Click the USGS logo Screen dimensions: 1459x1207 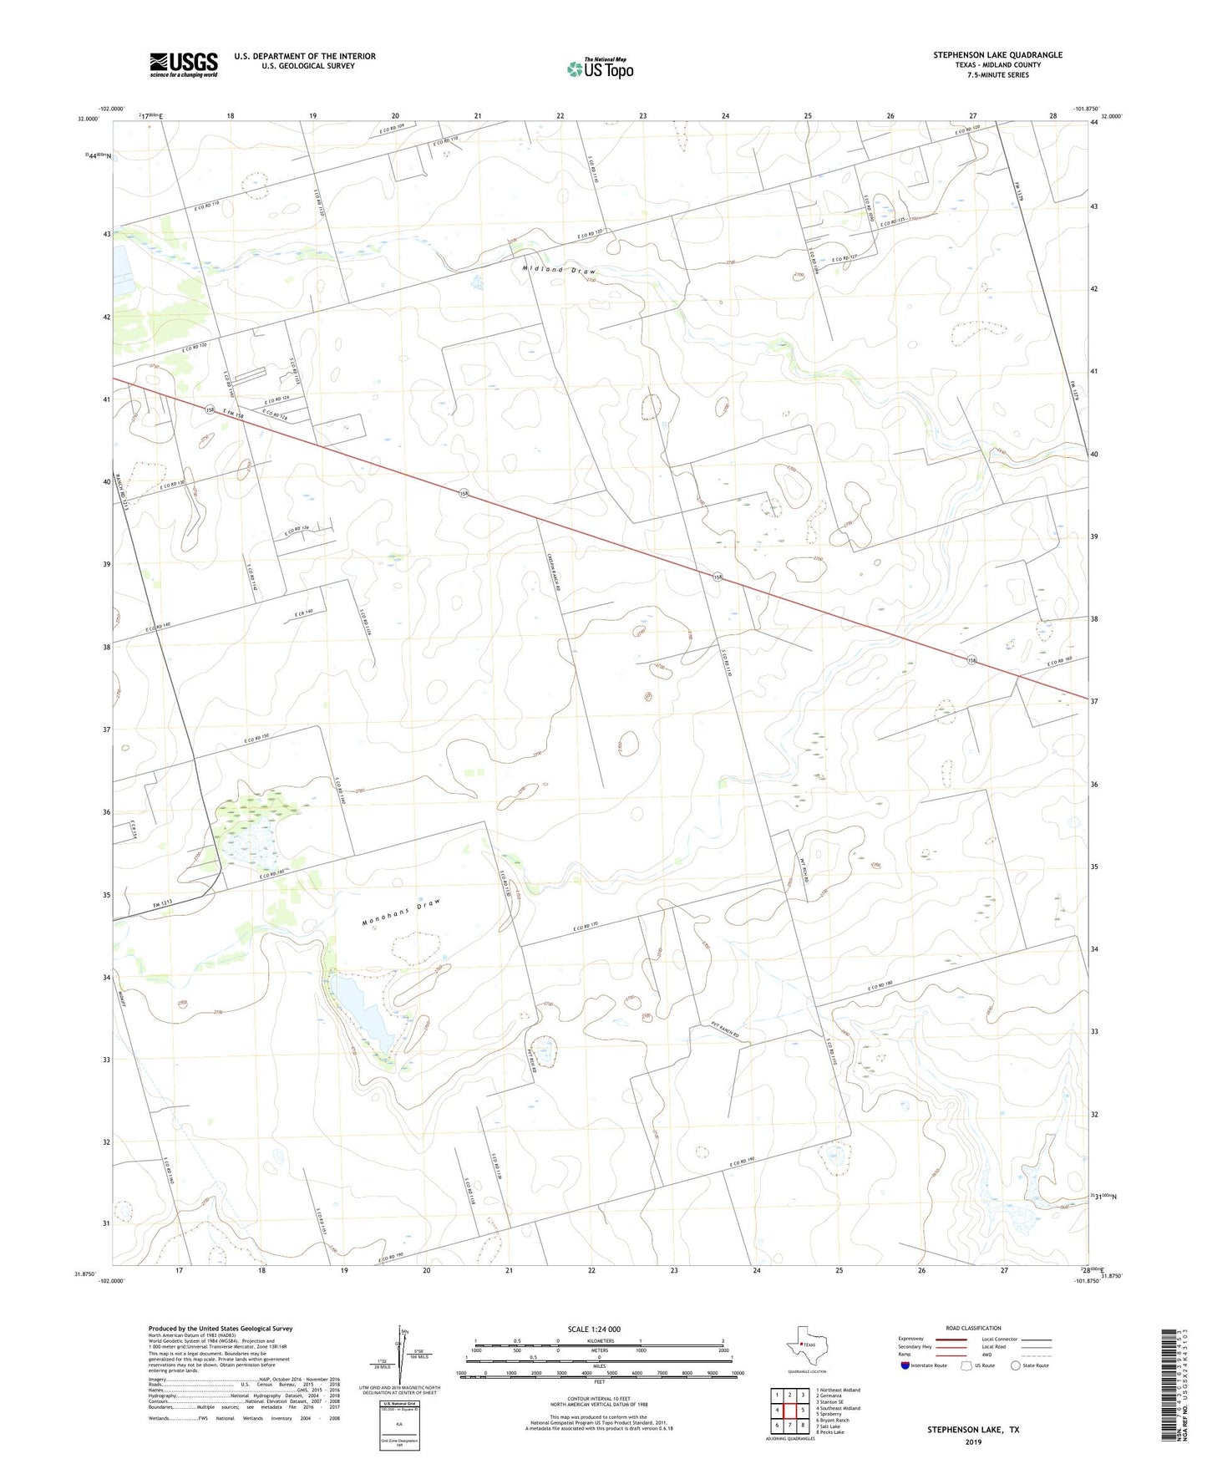[184, 64]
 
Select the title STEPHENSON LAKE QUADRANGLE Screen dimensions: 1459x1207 [997, 55]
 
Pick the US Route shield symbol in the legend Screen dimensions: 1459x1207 [967, 1365]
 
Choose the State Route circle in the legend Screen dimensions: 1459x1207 [1015, 1365]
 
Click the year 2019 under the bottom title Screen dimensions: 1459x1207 [972, 1441]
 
